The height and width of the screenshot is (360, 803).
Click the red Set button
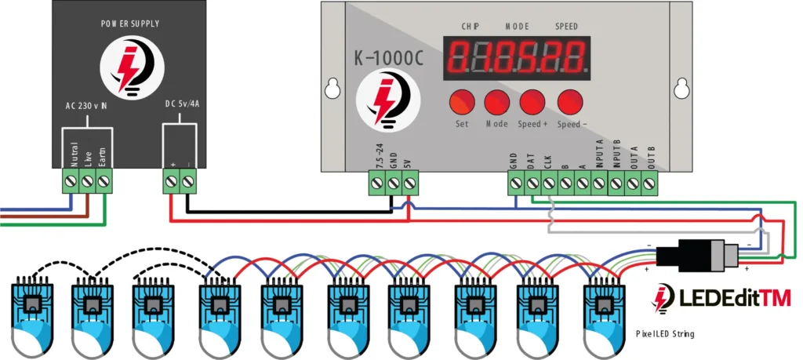pos(462,103)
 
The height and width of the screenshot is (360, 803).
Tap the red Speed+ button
pos(533,103)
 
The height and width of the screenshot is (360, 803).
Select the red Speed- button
pos(570,103)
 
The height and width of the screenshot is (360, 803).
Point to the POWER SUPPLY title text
pos(130,24)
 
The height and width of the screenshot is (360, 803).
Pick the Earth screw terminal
pos(103,183)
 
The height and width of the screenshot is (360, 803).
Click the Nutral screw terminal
pos(71,183)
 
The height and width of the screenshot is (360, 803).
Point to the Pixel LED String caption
pos(665,335)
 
